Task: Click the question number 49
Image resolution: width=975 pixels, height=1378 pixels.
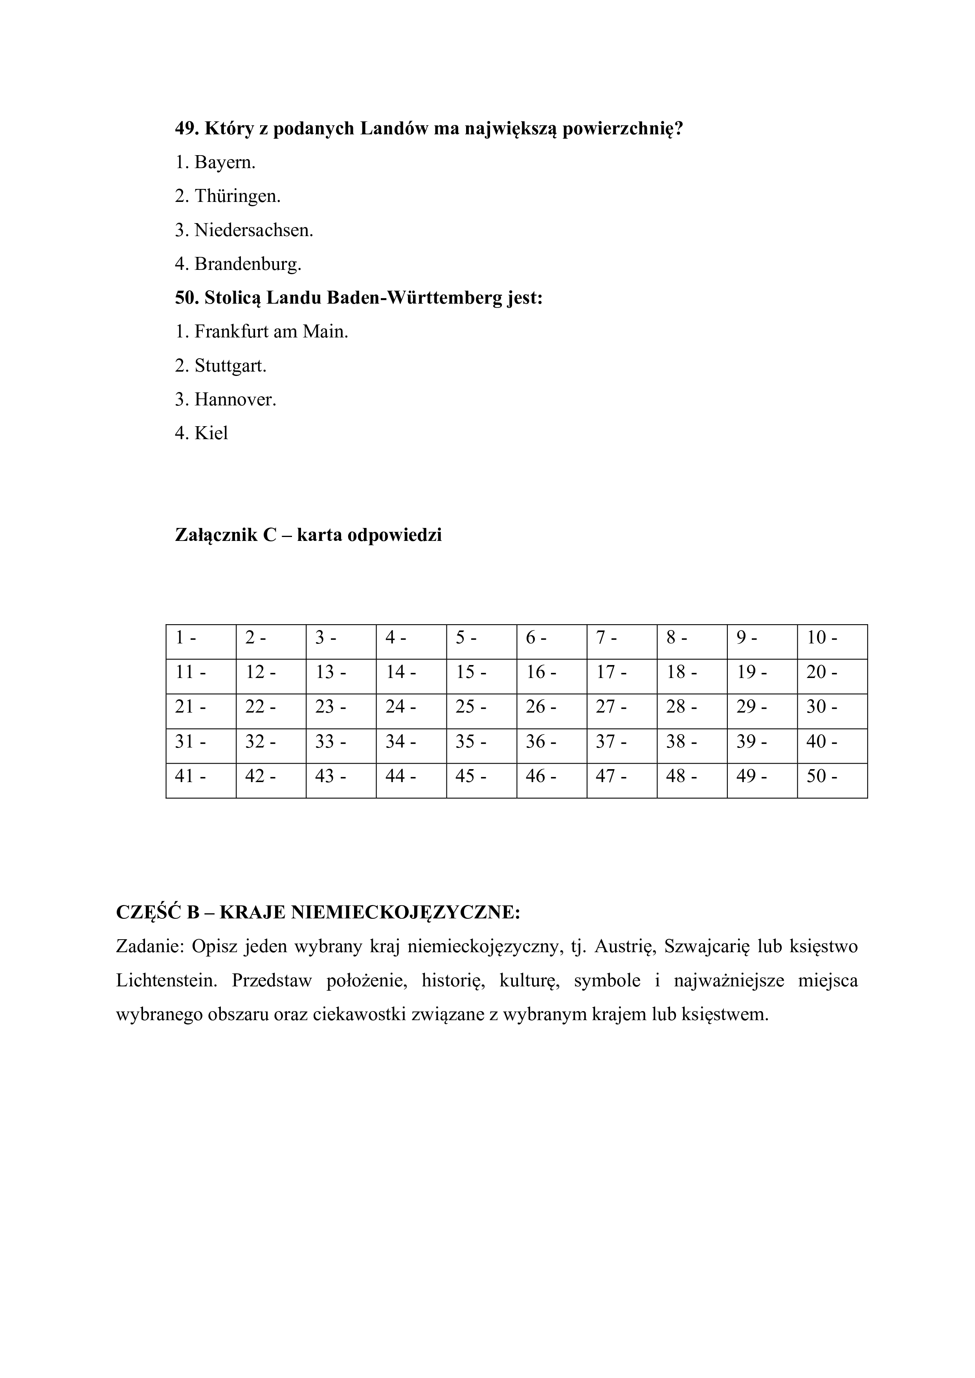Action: (x=187, y=128)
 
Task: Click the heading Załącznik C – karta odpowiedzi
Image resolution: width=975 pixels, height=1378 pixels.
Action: (x=308, y=535)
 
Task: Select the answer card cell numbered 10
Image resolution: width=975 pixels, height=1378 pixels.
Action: (x=832, y=641)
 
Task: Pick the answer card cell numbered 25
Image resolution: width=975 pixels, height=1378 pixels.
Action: (x=481, y=711)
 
